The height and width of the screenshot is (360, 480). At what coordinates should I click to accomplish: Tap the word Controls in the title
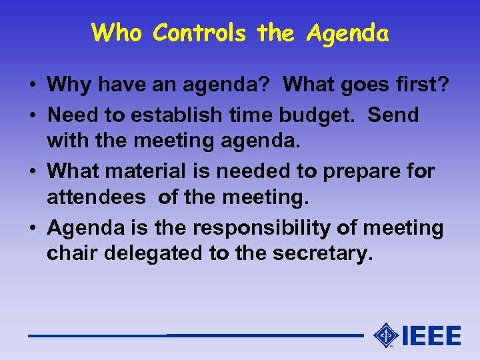(199, 32)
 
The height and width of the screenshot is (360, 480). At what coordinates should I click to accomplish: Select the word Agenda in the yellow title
(347, 33)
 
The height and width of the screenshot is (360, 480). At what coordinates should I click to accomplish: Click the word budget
(326, 115)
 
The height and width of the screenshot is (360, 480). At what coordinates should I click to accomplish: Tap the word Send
(393, 115)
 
